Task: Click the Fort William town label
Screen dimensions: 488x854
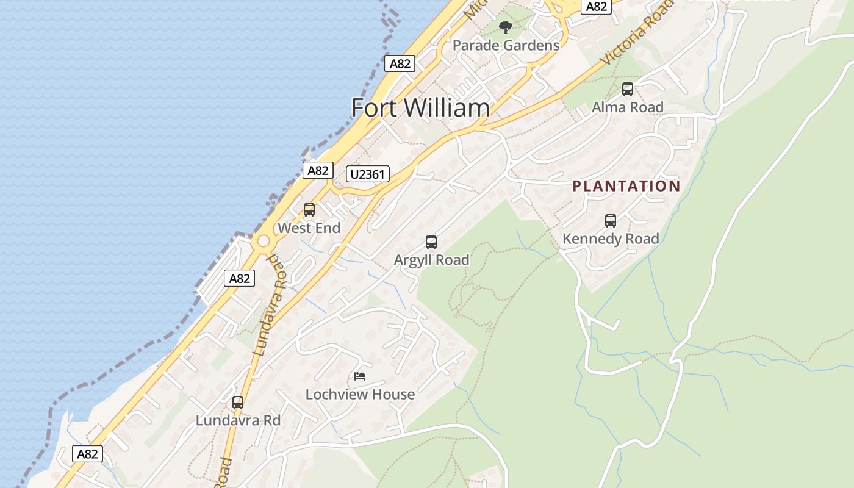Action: point(420,108)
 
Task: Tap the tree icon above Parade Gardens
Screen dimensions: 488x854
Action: point(505,27)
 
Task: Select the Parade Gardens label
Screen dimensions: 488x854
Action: point(506,46)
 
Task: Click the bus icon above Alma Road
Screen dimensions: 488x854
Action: point(627,89)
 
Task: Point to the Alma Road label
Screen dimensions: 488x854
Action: point(627,107)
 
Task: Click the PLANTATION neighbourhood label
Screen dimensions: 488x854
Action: point(626,186)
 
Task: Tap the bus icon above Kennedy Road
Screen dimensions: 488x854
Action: point(610,221)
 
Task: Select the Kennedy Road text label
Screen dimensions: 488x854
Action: point(610,239)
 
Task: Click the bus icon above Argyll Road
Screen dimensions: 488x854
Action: point(431,242)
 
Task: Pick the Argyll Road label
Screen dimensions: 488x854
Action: point(431,260)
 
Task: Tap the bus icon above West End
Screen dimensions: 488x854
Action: point(309,210)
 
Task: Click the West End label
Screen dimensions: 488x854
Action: point(309,228)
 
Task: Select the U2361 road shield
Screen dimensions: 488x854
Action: point(367,174)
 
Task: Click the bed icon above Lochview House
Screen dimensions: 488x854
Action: point(360,376)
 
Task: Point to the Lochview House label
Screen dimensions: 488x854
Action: point(360,395)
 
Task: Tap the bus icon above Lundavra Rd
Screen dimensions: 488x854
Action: point(238,403)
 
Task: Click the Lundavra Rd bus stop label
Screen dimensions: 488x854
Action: point(238,421)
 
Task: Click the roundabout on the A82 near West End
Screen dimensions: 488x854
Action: point(264,242)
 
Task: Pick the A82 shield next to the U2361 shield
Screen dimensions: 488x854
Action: point(318,170)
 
